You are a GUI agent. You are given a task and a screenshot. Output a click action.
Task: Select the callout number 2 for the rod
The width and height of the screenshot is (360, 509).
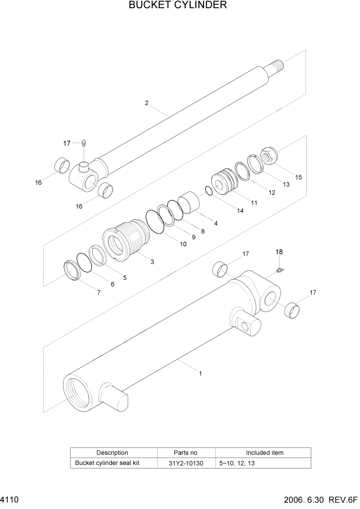click(x=147, y=103)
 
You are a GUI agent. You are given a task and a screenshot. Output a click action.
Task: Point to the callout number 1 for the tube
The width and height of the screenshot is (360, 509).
click(x=200, y=374)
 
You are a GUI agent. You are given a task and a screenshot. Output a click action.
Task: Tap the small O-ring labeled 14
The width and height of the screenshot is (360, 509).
click(x=208, y=191)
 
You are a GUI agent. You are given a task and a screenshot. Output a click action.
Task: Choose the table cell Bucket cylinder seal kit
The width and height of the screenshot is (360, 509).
click(x=108, y=462)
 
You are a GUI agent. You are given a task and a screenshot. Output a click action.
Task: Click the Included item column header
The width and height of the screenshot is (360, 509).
click(x=264, y=453)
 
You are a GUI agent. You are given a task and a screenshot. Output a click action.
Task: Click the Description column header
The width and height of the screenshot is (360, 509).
click(x=112, y=453)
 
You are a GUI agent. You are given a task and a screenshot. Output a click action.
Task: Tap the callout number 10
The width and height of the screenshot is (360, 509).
click(x=183, y=244)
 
